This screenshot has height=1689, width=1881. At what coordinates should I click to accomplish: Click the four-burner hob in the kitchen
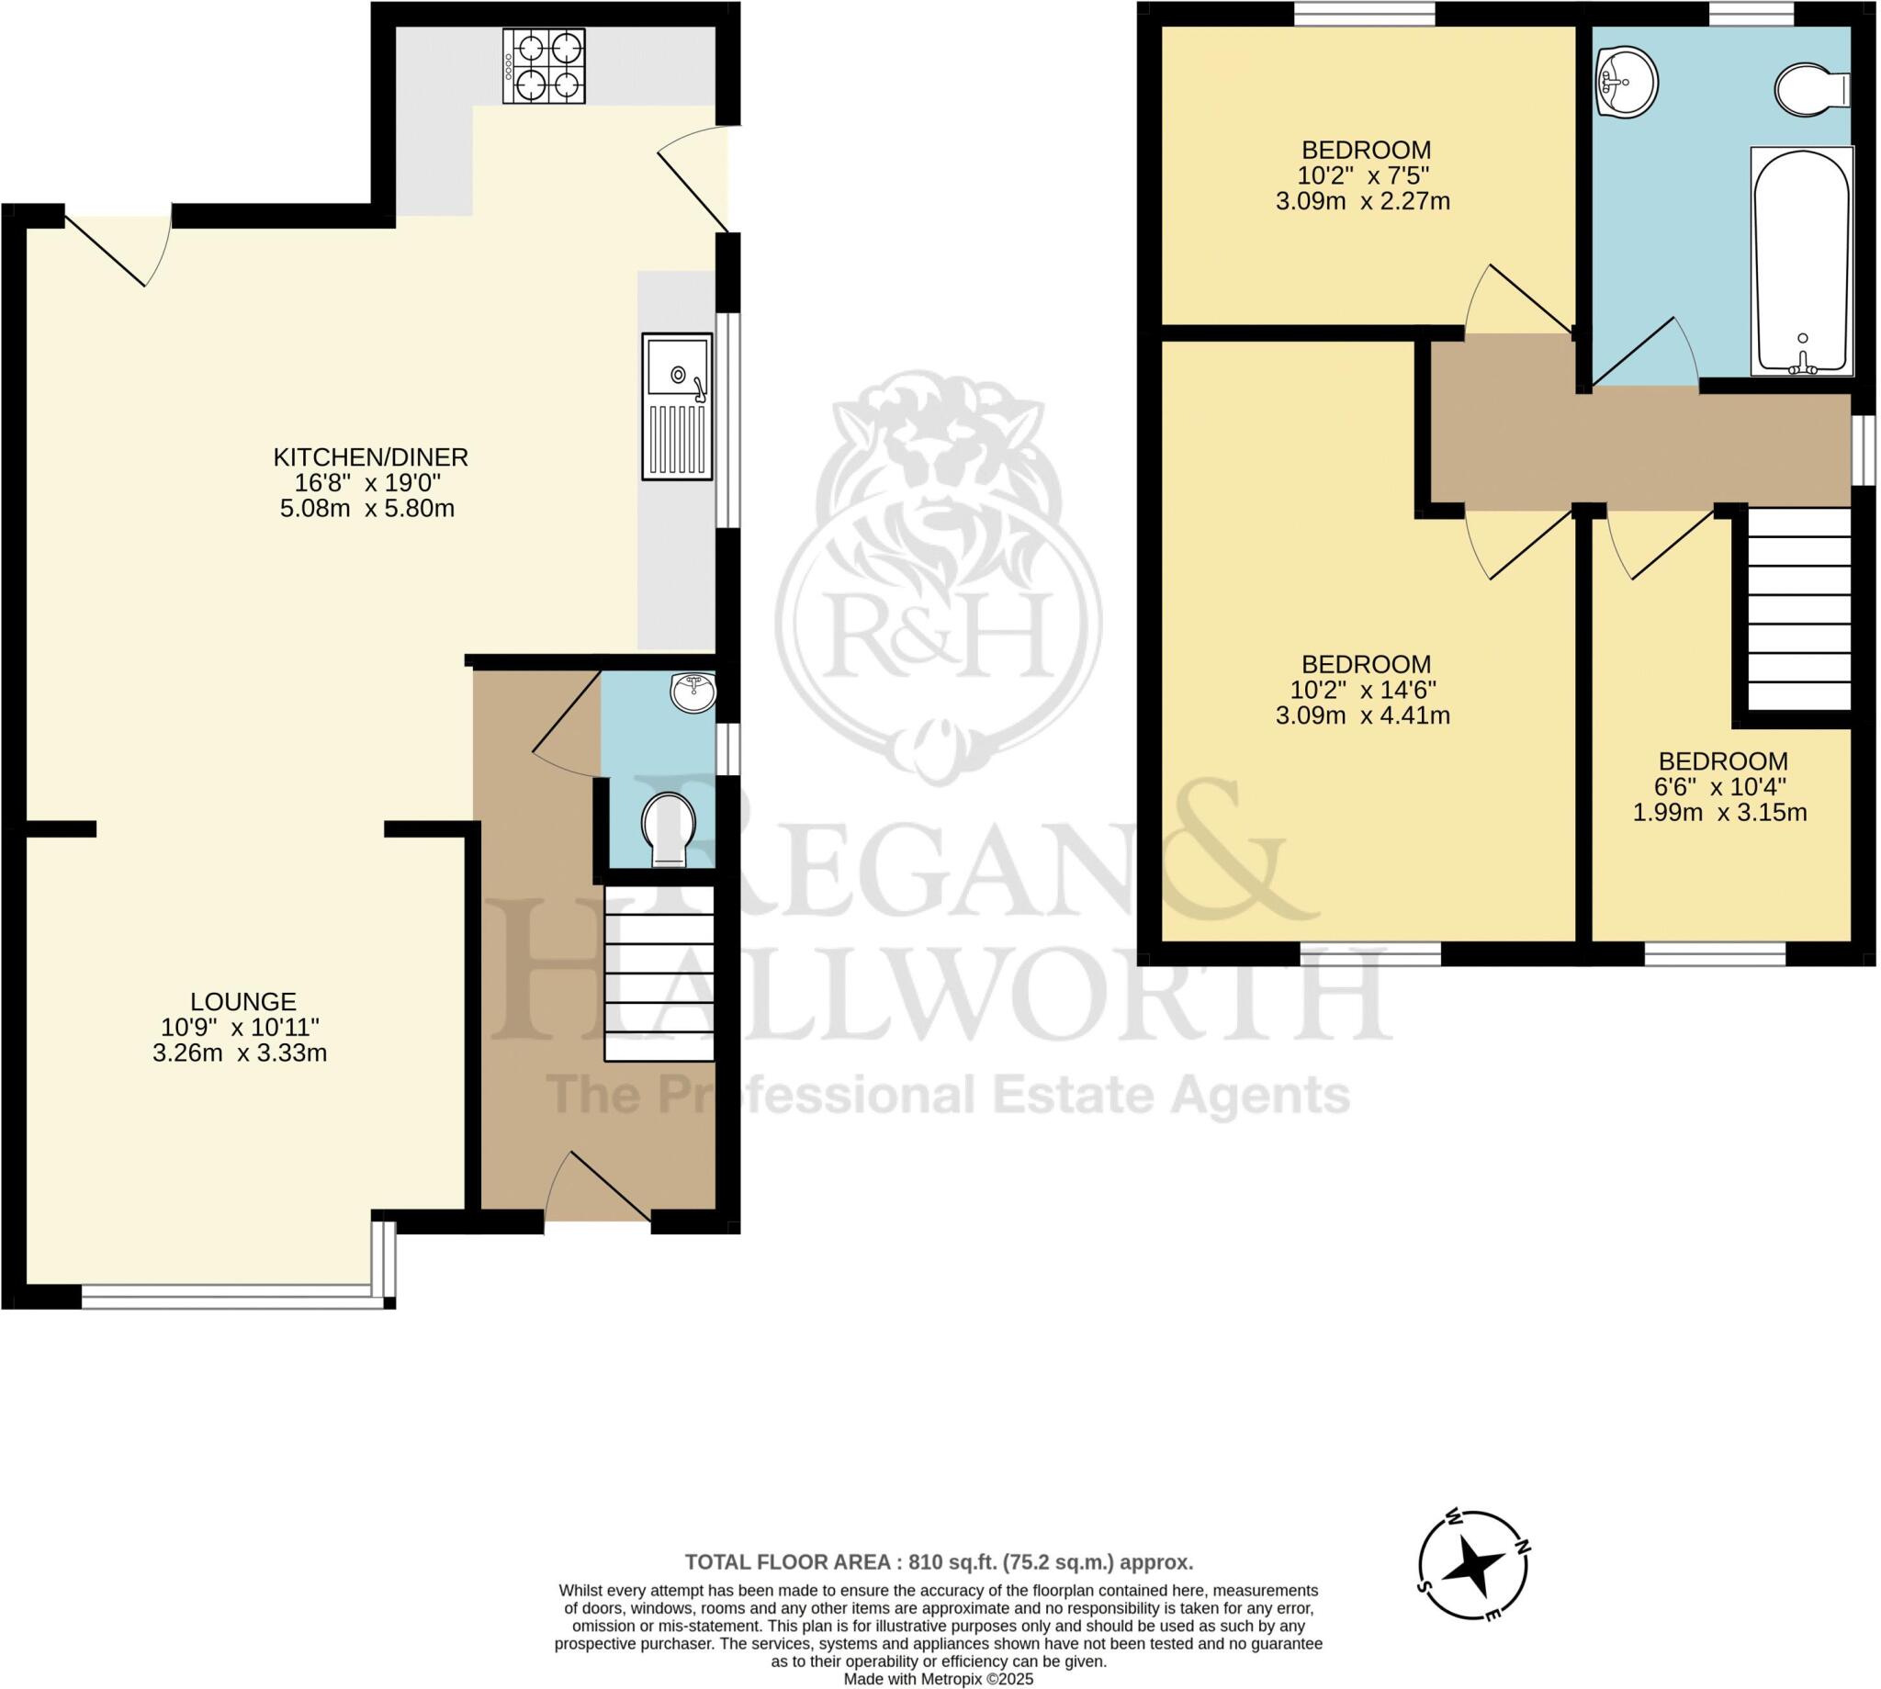[545, 66]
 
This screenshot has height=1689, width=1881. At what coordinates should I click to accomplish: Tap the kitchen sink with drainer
[678, 407]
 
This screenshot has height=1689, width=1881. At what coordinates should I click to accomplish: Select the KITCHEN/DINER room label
[370, 456]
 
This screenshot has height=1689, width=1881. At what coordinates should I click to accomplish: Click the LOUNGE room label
[243, 1001]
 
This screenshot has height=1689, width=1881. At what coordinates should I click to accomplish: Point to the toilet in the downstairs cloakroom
[669, 828]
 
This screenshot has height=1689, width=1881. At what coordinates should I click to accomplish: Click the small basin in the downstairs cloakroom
[693, 693]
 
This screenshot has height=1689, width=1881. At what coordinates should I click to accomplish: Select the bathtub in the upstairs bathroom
[1801, 262]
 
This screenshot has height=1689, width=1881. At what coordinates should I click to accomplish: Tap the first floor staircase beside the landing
[1799, 608]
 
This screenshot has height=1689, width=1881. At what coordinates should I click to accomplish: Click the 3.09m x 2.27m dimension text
[1362, 201]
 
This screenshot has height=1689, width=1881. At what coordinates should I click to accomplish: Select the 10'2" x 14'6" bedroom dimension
[1363, 690]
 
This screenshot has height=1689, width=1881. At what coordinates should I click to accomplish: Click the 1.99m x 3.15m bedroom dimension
[1719, 813]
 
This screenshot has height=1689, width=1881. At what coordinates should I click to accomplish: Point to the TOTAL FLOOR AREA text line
[939, 1562]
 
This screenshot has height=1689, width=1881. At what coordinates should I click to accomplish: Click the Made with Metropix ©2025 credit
[938, 1679]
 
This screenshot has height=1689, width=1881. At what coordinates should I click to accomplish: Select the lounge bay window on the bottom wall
[228, 1297]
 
